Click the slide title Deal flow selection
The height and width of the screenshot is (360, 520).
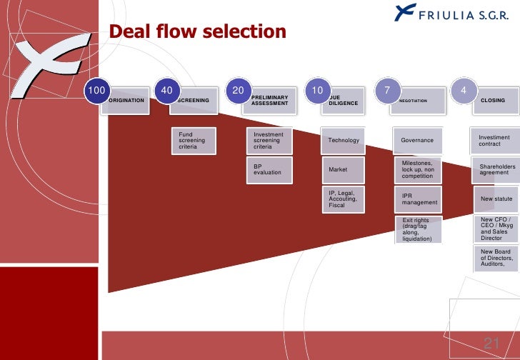click(197, 33)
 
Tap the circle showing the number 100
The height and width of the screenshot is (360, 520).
click(96, 90)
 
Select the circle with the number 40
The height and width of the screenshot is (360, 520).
click(167, 90)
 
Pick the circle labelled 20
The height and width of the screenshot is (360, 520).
click(238, 90)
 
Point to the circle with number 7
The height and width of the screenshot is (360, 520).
click(387, 90)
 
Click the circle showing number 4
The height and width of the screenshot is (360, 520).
click(464, 90)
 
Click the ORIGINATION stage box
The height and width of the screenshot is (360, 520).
click(129, 101)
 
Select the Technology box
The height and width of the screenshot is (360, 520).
click(344, 141)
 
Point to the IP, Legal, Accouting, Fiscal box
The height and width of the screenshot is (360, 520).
click(344, 199)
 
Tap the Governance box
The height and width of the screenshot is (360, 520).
click(418, 141)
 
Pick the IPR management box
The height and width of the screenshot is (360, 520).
click(418, 199)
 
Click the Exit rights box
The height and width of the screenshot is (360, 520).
click(418, 229)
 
